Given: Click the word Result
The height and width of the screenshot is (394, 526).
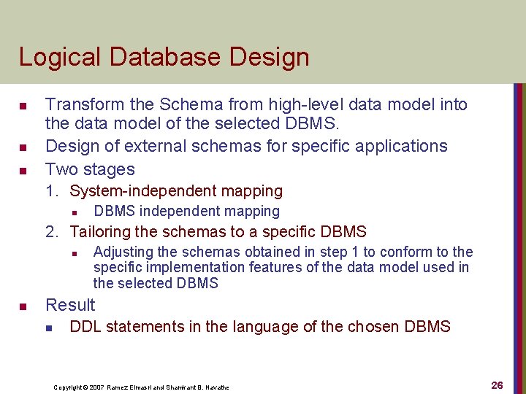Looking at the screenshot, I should [x=70, y=305].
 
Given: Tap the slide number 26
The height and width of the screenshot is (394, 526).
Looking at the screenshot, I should [x=497, y=385].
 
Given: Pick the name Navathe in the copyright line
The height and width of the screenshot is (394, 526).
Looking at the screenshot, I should [x=216, y=387].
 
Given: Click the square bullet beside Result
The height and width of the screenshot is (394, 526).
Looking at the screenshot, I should [x=23, y=306].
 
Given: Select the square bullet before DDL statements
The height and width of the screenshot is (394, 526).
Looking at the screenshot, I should [x=49, y=327].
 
